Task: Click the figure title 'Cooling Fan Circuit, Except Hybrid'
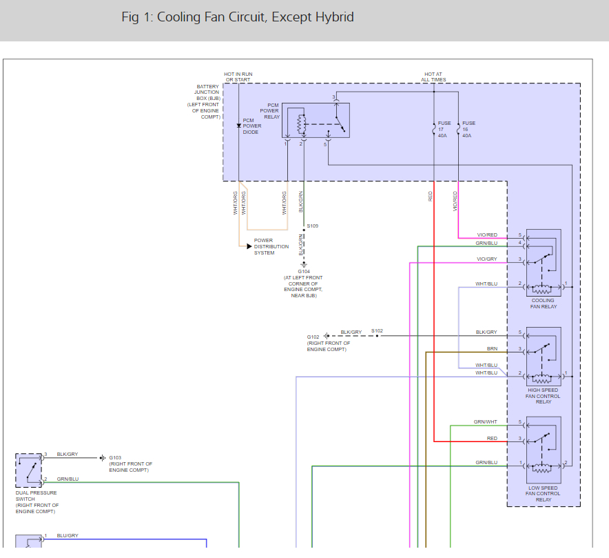click(x=238, y=17)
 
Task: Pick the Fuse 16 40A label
click(x=467, y=129)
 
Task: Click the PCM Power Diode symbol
click(x=239, y=126)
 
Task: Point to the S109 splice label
click(x=313, y=226)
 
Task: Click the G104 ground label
click(x=304, y=272)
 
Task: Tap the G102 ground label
click(x=313, y=337)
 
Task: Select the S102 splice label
click(x=377, y=330)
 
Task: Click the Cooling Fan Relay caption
click(x=543, y=303)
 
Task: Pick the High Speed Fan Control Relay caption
click(x=543, y=396)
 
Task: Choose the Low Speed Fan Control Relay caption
click(x=543, y=494)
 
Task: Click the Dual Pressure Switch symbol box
click(x=29, y=470)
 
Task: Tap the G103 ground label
click(x=115, y=457)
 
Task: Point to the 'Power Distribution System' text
click(x=268, y=247)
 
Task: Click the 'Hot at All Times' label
click(x=434, y=77)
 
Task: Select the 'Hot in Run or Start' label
click(x=238, y=77)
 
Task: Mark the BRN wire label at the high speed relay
click(x=492, y=349)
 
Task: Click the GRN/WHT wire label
click(x=485, y=421)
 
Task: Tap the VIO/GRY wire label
click(x=486, y=259)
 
